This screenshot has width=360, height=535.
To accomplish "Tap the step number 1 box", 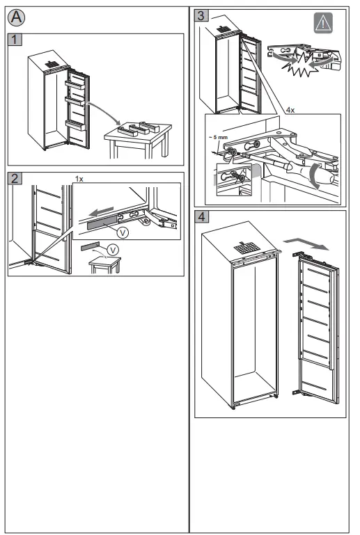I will tap(17, 40).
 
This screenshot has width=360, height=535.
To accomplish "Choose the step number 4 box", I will tap(201, 216).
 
